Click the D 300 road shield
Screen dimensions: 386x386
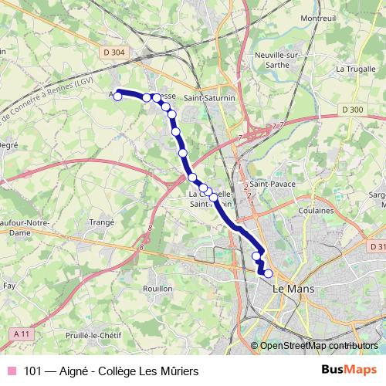click(351, 110)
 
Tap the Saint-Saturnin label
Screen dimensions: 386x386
click(203, 98)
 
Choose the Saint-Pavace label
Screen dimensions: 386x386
click(269, 185)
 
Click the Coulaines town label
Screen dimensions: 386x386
click(318, 210)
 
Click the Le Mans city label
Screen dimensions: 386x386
click(291, 287)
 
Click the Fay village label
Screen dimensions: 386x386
click(9, 286)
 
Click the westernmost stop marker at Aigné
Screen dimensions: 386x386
click(118, 96)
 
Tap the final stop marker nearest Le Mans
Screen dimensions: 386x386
click(268, 273)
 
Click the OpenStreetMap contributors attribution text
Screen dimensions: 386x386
click(317, 347)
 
